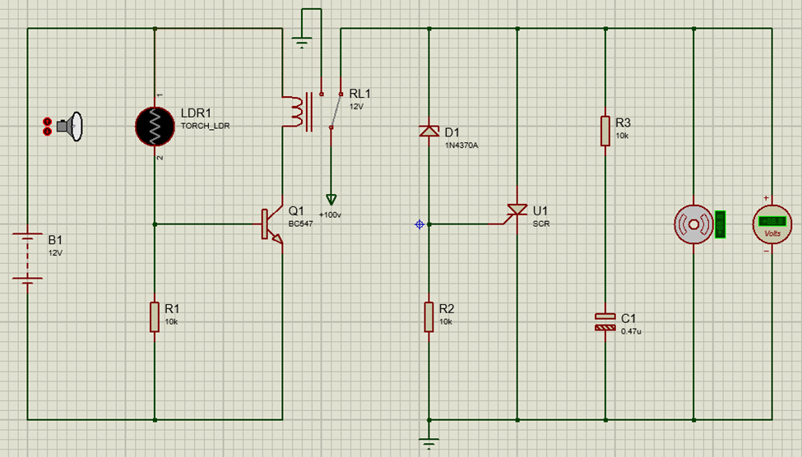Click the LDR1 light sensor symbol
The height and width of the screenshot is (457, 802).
[x=155, y=126]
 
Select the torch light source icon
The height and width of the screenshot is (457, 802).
[x=66, y=126]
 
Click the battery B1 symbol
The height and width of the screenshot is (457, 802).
[x=28, y=256]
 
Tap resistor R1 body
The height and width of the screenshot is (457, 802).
[x=155, y=316]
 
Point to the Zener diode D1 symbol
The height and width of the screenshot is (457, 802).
[x=429, y=131]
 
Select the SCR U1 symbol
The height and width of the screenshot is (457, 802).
[x=517, y=212]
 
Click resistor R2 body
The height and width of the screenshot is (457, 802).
[x=429, y=316]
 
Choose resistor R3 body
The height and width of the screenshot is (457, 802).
[x=605, y=129]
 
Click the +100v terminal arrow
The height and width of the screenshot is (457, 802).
[x=331, y=200]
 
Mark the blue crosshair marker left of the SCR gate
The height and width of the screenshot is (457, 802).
[x=420, y=224]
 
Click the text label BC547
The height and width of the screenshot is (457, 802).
[x=300, y=224]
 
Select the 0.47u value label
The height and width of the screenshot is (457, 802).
[x=631, y=330]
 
